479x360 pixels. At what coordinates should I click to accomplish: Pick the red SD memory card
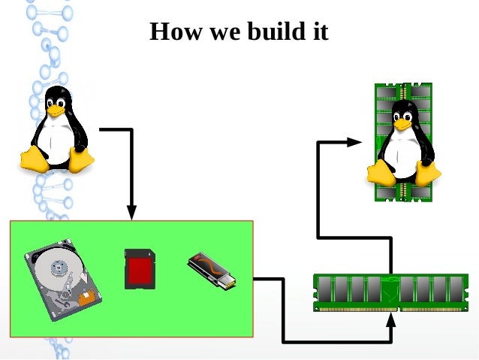tap(139, 268)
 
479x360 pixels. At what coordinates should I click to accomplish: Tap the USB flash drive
tap(211, 271)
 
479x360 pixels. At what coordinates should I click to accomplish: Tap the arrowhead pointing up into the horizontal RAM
tap(390, 320)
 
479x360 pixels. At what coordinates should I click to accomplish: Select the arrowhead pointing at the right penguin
tap(356, 141)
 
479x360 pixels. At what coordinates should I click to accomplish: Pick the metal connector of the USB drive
tap(228, 283)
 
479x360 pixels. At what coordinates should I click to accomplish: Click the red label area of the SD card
tap(139, 272)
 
